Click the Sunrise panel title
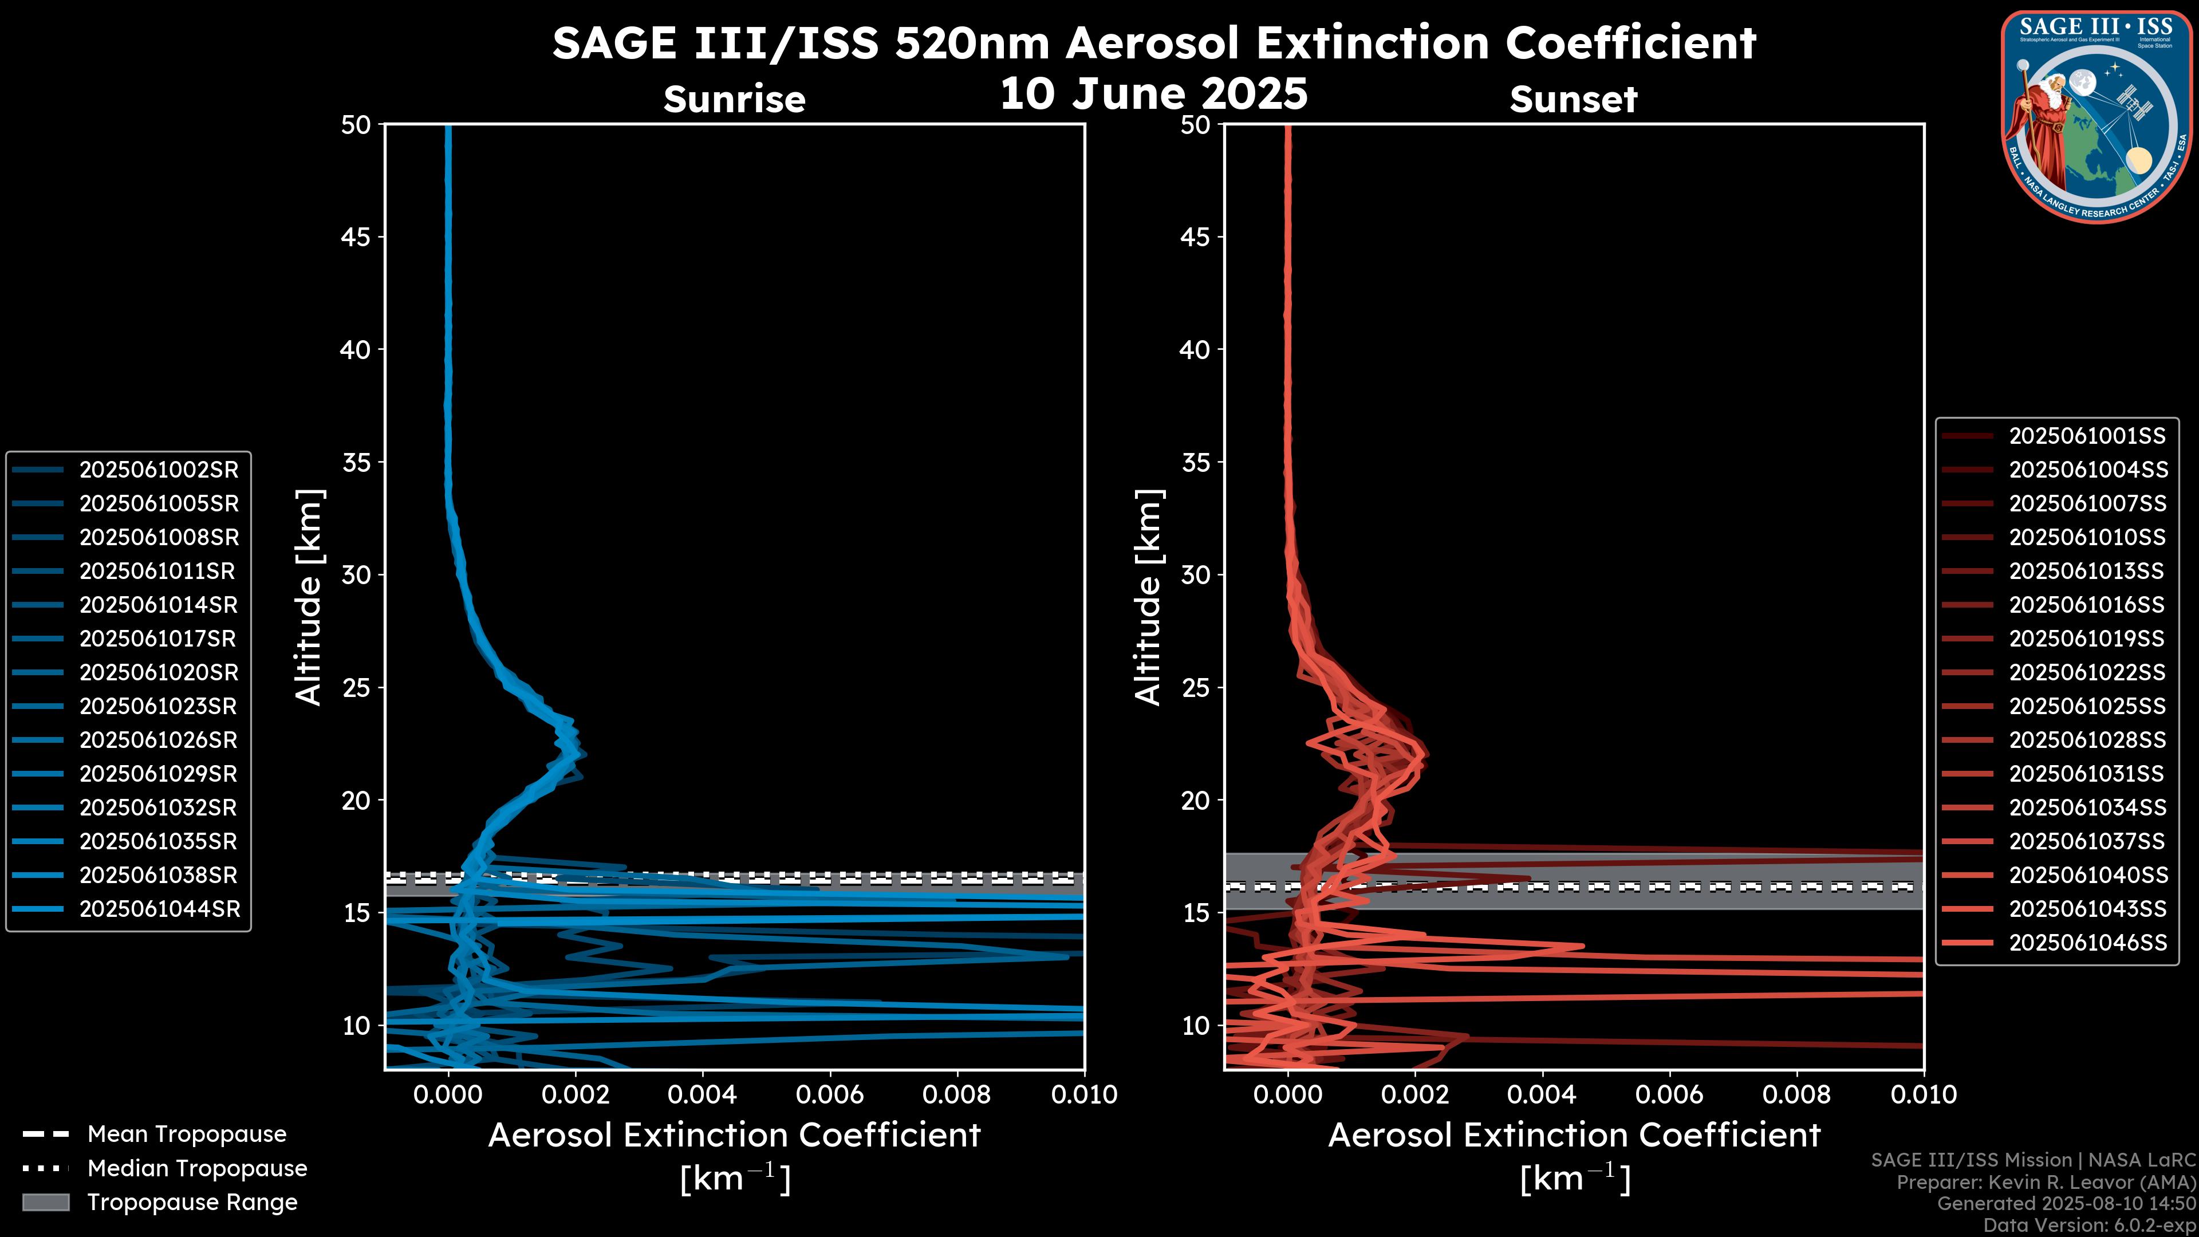click(734, 100)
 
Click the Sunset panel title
click(1573, 100)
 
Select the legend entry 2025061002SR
click(159, 470)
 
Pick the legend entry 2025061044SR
click(159, 909)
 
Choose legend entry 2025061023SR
click(159, 706)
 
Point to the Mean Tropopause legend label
click(186, 1134)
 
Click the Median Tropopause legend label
click(196, 1168)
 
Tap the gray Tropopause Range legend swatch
click(46, 1202)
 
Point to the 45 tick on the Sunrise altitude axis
click(356, 237)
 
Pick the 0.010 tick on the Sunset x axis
click(1924, 1094)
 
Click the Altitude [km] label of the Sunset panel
click(1148, 597)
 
